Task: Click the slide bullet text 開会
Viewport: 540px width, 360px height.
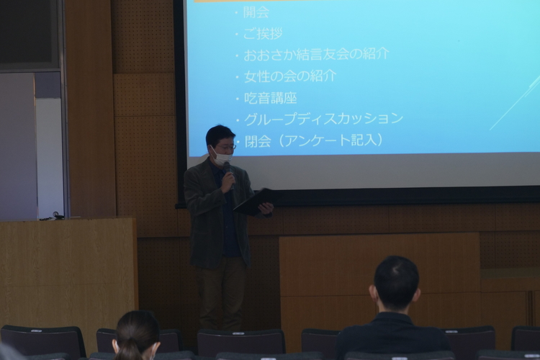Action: click(x=256, y=12)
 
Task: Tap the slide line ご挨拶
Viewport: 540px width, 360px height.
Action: click(x=263, y=33)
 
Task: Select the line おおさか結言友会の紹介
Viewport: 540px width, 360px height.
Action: click(x=317, y=55)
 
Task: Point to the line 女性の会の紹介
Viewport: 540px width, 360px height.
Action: click(x=290, y=76)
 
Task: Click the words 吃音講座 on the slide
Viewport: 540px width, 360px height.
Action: click(x=270, y=98)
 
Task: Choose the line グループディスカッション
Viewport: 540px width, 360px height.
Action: click(x=323, y=119)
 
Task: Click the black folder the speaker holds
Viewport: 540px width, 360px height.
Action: click(x=254, y=202)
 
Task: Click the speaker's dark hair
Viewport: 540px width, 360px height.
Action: click(x=219, y=135)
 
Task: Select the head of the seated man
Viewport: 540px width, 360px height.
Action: click(x=396, y=282)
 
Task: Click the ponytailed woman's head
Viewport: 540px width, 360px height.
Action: click(x=136, y=334)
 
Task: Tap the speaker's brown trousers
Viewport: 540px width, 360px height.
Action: click(x=220, y=293)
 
